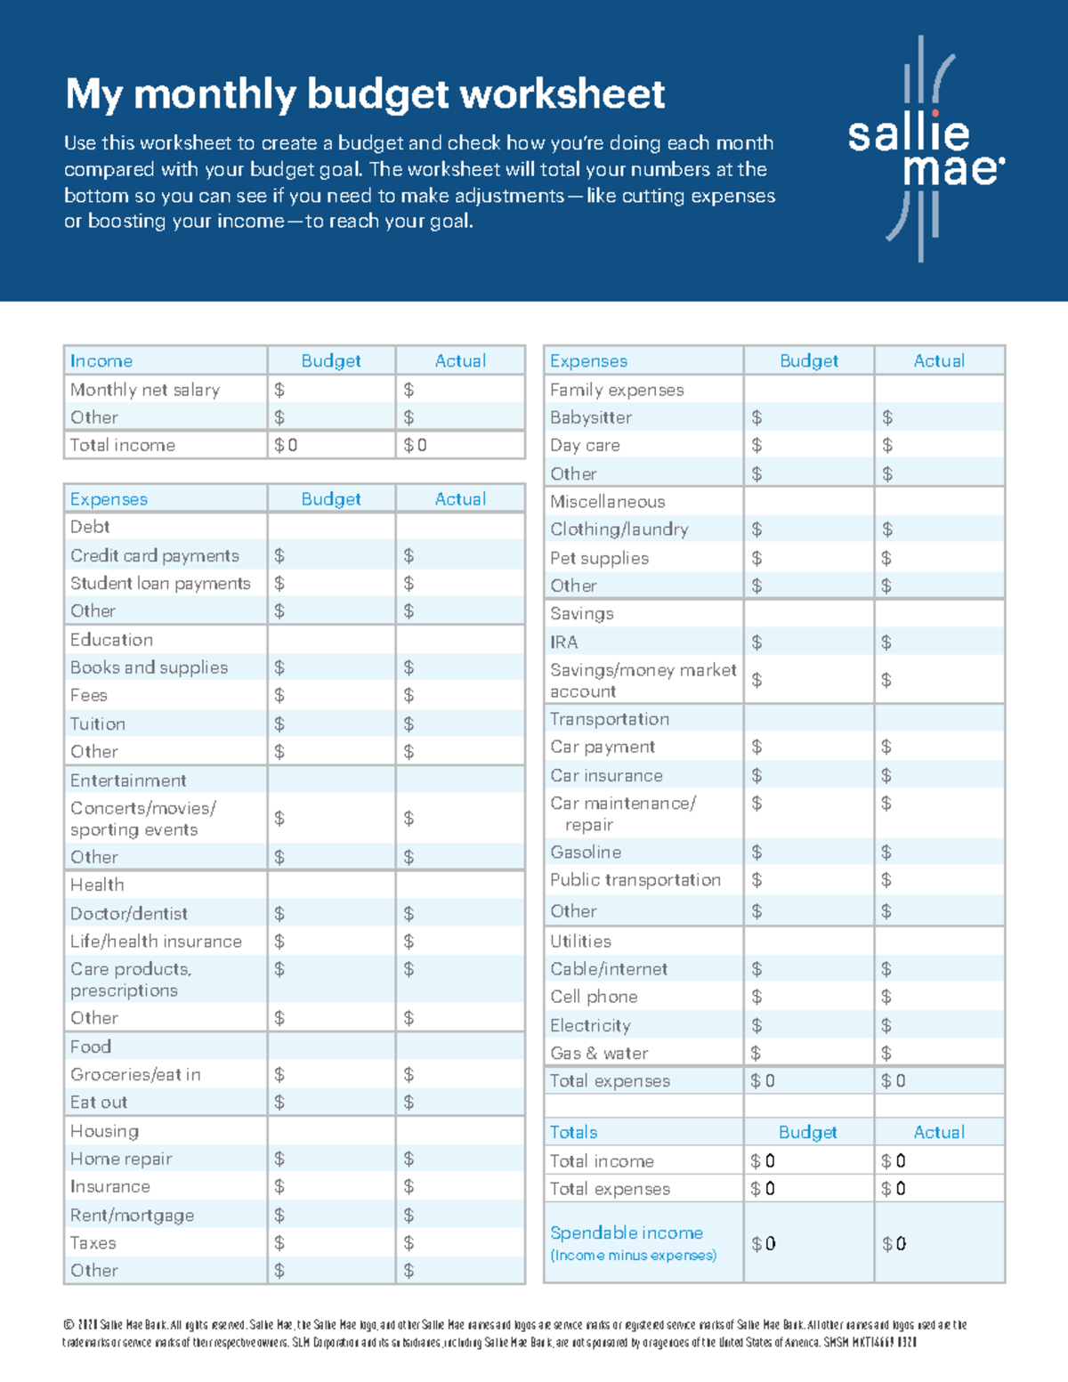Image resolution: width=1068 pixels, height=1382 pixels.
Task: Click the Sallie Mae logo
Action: (926, 150)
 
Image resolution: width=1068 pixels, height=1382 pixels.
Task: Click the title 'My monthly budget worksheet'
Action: (365, 94)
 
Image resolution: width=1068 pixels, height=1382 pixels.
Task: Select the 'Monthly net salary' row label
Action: (145, 390)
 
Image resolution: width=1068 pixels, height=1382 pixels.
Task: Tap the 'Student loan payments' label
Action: (160, 583)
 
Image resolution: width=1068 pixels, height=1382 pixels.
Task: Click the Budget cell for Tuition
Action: (331, 723)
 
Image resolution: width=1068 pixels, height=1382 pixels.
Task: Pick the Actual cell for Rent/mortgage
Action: (459, 1215)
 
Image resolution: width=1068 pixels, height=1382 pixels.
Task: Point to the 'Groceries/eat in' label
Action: (135, 1074)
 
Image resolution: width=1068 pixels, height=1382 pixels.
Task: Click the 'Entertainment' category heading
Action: (128, 780)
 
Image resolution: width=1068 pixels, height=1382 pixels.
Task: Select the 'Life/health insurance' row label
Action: (156, 941)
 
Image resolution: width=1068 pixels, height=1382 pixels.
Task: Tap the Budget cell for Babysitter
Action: (808, 417)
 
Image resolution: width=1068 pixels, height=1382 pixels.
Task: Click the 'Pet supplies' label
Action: (599, 558)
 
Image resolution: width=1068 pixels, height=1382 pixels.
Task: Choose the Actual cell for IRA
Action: (939, 642)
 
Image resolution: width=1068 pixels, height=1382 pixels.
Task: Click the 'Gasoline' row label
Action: (586, 852)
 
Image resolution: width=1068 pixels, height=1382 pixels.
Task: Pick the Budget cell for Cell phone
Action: (808, 997)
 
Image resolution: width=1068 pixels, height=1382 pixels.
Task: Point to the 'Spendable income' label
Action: (627, 1232)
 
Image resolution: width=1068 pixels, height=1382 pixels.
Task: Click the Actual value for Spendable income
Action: (939, 1243)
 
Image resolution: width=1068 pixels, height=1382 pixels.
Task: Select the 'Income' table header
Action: (101, 360)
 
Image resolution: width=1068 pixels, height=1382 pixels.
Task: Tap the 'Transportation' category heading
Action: (610, 718)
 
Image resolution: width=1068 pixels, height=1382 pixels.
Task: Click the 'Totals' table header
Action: (573, 1132)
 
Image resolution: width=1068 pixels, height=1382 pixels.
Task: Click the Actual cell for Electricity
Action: (939, 1025)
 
